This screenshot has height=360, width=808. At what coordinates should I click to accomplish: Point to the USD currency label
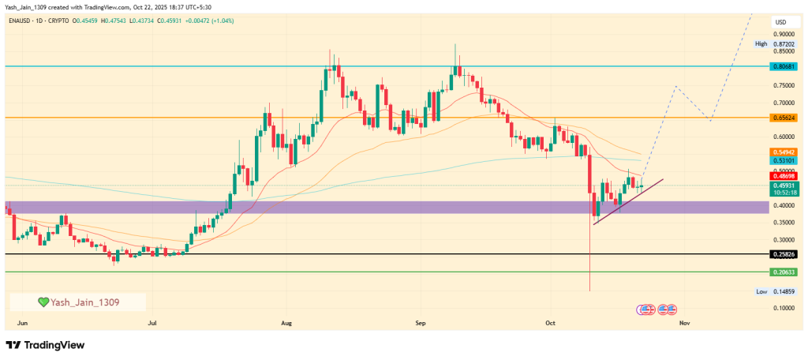click(781, 21)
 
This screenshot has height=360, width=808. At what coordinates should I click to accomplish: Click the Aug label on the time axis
click(286, 323)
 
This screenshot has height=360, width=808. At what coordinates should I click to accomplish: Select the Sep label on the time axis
click(421, 323)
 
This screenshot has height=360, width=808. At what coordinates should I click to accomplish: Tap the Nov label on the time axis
click(684, 323)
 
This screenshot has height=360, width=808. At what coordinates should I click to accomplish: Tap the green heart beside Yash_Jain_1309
click(44, 302)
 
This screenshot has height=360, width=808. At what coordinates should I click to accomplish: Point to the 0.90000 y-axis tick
click(784, 34)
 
